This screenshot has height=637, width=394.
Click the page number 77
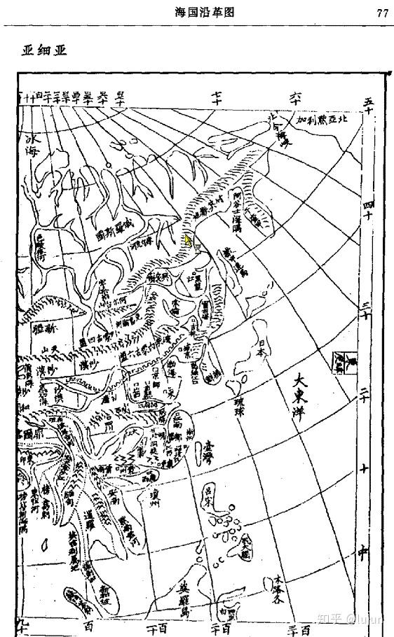[x=382, y=12]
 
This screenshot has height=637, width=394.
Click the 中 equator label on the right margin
[x=363, y=552]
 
